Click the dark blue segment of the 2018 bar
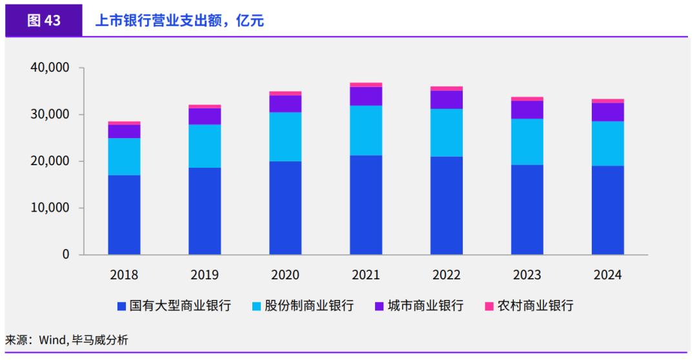click(x=124, y=214)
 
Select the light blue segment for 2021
click(x=366, y=130)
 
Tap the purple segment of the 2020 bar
click(x=285, y=104)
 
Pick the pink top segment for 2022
click(x=447, y=88)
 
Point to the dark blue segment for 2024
click(x=608, y=210)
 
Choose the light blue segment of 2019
click(x=205, y=146)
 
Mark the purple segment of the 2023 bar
click(x=527, y=110)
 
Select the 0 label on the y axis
click(x=66, y=255)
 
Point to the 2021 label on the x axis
click(x=366, y=275)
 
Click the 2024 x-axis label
click(x=608, y=275)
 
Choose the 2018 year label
click(x=124, y=275)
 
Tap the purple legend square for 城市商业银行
click(x=379, y=306)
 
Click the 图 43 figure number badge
click(x=44, y=21)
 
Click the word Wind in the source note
click(x=52, y=339)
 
